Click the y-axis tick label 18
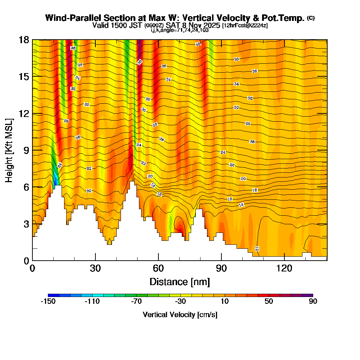click(x=24, y=40)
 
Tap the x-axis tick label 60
click(x=158, y=268)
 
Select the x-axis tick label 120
click(x=284, y=268)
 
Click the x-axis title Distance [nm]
click(x=180, y=281)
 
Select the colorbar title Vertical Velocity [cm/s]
click(x=180, y=315)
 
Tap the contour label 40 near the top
click(x=198, y=44)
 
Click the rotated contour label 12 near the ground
click(x=257, y=248)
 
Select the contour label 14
click(x=241, y=204)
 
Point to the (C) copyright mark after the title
click(x=311, y=18)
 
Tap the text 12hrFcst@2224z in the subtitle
click(x=245, y=26)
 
